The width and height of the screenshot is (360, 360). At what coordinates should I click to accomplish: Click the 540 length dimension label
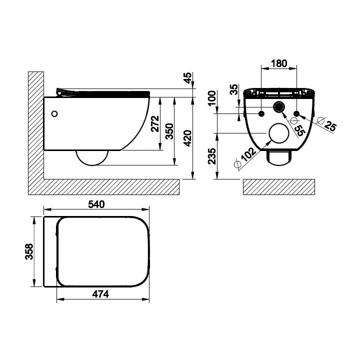[96, 204]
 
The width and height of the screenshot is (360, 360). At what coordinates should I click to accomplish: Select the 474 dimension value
[100, 294]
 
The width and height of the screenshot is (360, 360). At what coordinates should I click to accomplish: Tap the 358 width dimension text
[29, 251]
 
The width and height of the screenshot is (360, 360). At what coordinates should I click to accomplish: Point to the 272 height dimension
[155, 124]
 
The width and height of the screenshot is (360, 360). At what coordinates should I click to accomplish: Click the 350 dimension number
[169, 131]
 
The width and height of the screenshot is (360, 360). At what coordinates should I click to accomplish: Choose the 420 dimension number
[188, 138]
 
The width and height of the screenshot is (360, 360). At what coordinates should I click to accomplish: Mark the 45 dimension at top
[187, 78]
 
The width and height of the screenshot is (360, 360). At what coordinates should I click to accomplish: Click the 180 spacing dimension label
[279, 63]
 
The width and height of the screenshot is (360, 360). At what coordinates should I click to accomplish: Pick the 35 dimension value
[234, 89]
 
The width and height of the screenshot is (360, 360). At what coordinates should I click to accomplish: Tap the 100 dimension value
[212, 98]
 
